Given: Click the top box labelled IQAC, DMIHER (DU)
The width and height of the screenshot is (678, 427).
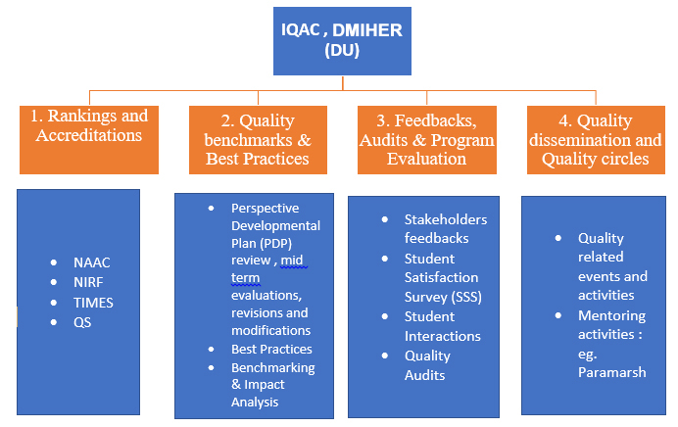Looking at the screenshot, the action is click(x=342, y=41).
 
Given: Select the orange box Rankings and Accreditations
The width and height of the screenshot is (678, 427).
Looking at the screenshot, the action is click(x=89, y=140).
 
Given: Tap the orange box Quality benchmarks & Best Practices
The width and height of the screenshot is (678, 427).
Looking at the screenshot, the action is click(x=258, y=140).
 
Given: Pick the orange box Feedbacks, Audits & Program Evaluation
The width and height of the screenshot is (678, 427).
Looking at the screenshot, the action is click(x=427, y=140).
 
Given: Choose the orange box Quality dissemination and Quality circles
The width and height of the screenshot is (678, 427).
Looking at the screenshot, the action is click(x=596, y=140).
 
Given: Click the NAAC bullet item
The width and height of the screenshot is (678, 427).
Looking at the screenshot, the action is click(x=92, y=262).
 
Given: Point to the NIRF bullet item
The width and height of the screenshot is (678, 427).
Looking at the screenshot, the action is click(x=88, y=282).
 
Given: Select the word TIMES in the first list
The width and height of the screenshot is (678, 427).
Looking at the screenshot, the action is click(x=93, y=303).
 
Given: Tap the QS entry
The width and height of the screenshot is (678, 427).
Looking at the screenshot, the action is click(x=82, y=322).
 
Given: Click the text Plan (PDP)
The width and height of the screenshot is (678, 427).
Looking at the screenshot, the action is click(x=262, y=243).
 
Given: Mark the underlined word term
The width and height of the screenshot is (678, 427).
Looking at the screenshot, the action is click(x=245, y=278).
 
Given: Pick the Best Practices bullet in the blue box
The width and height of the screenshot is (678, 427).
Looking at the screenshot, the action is click(x=271, y=349).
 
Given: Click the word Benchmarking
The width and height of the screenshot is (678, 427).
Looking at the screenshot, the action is click(x=272, y=368).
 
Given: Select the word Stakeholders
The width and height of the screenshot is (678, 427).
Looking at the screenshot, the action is click(x=446, y=219).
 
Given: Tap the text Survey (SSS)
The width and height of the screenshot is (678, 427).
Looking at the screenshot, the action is click(x=443, y=297).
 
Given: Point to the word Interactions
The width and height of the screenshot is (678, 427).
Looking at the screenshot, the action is click(x=442, y=336).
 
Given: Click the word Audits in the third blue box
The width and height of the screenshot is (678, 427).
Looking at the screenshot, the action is click(x=424, y=375).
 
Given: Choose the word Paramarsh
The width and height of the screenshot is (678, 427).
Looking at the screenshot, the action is click(x=611, y=372).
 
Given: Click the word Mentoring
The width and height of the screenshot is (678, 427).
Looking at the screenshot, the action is click(x=611, y=316).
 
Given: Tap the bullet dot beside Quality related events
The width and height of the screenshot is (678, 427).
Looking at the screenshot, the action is click(x=558, y=238).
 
